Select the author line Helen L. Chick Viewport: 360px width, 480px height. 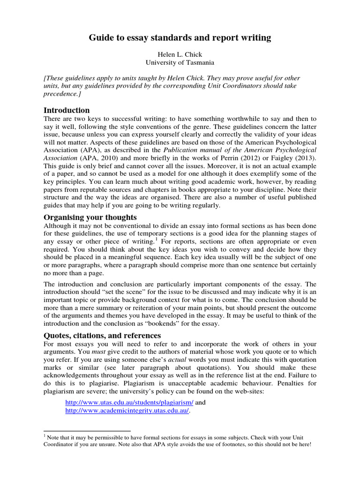point(180,54)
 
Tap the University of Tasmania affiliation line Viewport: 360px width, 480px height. point(180,62)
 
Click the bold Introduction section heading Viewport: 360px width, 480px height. point(67,110)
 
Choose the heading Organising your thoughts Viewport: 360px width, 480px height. point(90,217)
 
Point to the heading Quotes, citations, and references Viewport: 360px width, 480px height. point(102,335)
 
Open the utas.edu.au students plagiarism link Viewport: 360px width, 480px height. point(129,402)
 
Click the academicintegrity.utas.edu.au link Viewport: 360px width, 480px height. point(127,410)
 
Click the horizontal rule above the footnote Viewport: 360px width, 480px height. point(87,430)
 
